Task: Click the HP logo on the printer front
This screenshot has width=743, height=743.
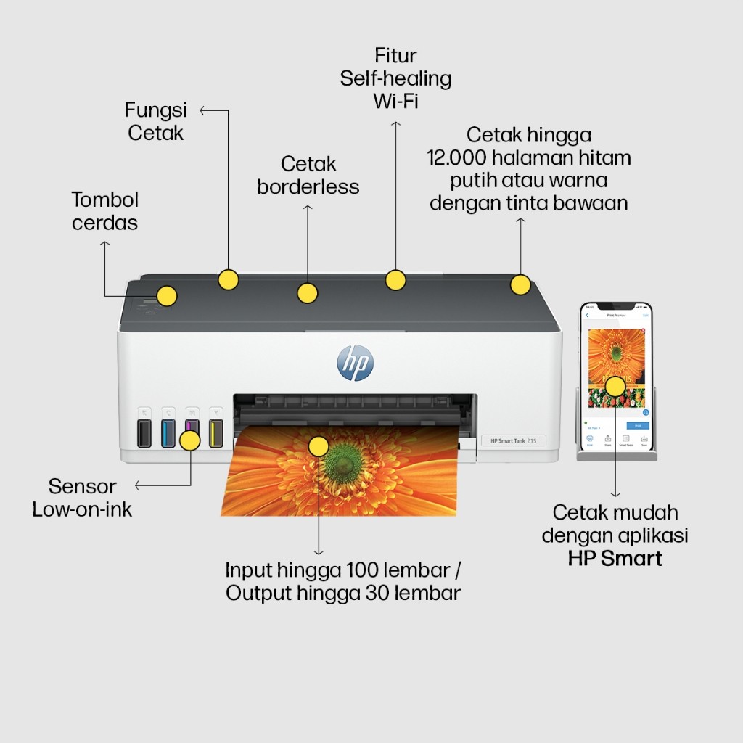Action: (x=355, y=363)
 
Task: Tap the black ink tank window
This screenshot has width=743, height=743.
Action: (x=144, y=434)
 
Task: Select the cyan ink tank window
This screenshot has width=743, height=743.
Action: (x=168, y=434)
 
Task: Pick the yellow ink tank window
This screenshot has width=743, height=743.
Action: (x=215, y=434)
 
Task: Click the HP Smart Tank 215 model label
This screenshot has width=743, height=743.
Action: (x=513, y=440)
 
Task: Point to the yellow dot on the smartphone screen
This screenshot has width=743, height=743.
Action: (x=615, y=385)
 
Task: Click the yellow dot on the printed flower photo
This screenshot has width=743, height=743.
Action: (x=318, y=446)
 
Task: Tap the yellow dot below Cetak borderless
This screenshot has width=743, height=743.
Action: (x=308, y=293)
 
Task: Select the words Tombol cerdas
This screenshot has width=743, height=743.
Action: (x=105, y=211)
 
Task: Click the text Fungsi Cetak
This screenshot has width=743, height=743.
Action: (x=155, y=121)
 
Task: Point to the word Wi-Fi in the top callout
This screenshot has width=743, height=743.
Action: (x=395, y=101)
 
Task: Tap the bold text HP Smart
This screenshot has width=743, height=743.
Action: (x=615, y=558)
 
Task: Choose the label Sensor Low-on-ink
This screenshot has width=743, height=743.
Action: (x=82, y=497)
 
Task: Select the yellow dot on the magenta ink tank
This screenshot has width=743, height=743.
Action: (x=190, y=440)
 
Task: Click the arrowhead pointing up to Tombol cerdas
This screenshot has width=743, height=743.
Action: (x=104, y=245)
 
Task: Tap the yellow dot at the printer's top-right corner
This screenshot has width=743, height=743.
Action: (x=520, y=284)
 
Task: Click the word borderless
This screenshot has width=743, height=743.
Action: (x=308, y=186)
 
